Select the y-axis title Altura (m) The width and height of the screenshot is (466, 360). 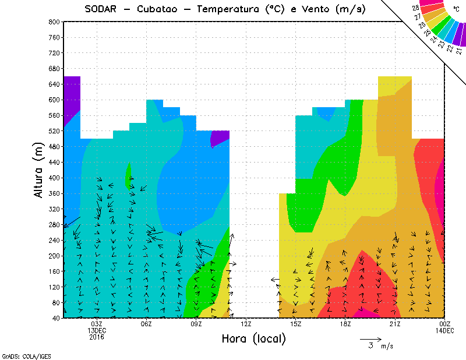point(40,169)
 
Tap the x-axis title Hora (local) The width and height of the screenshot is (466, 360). point(253,339)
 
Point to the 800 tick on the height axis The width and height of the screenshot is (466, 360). point(54,22)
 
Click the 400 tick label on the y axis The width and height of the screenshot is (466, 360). point(54,178)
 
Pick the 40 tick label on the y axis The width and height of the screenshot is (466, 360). point(55,318)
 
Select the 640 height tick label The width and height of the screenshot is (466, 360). point(54,84)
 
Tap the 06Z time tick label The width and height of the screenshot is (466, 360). point(146,324)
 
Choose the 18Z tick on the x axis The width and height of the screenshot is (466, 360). point(345,324)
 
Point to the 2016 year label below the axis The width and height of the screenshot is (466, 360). point(97,337)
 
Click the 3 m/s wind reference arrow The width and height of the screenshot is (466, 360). point(370,338)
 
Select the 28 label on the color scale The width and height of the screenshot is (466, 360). point(416,8)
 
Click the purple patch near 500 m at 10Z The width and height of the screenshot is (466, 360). point(219,137)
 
